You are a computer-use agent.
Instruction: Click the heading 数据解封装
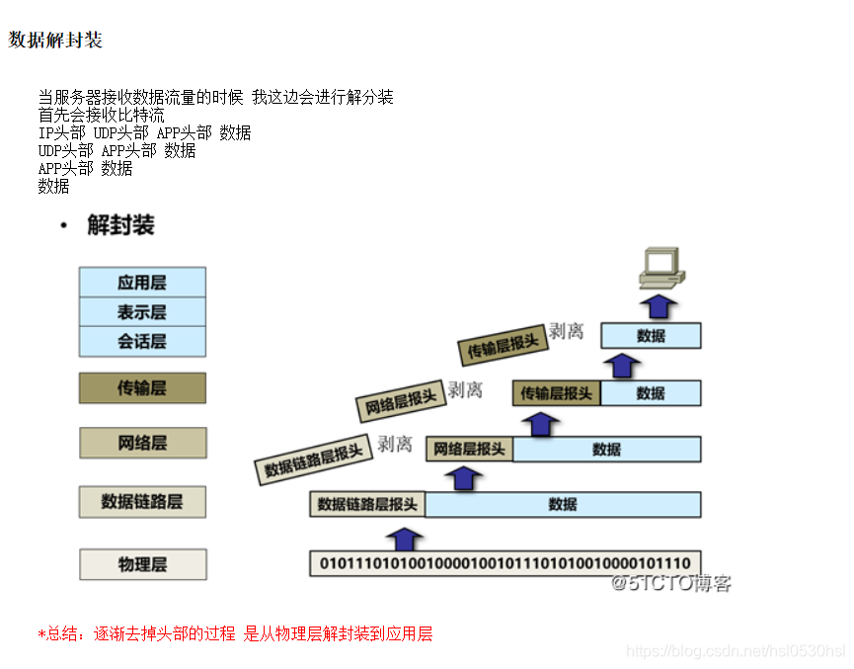[x=55, y=41]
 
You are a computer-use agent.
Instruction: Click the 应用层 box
[x=142, y=283]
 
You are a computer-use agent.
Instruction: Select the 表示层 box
[x=142, y=312]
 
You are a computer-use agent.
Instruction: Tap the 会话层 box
[x=142, y=342]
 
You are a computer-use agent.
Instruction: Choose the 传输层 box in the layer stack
[x=142, y=388]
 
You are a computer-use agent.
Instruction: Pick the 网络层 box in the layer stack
[x=142, y=443]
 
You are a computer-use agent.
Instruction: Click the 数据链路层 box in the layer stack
[x=142, y=502]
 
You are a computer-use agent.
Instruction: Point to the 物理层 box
[x=142, y=564]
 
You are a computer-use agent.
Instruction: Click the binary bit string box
[x=505, y=563]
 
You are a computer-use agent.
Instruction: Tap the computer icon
[x=658, y=264]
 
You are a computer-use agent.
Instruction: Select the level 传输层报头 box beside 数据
[x=557, y=393]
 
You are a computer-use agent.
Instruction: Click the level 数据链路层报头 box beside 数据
[x=367, y=504]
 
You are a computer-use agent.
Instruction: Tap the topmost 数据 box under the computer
[x=651, y=336]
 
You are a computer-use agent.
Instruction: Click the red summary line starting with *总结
[x=235, y=633]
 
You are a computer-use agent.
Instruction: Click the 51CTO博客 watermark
[x=671, y=583]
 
